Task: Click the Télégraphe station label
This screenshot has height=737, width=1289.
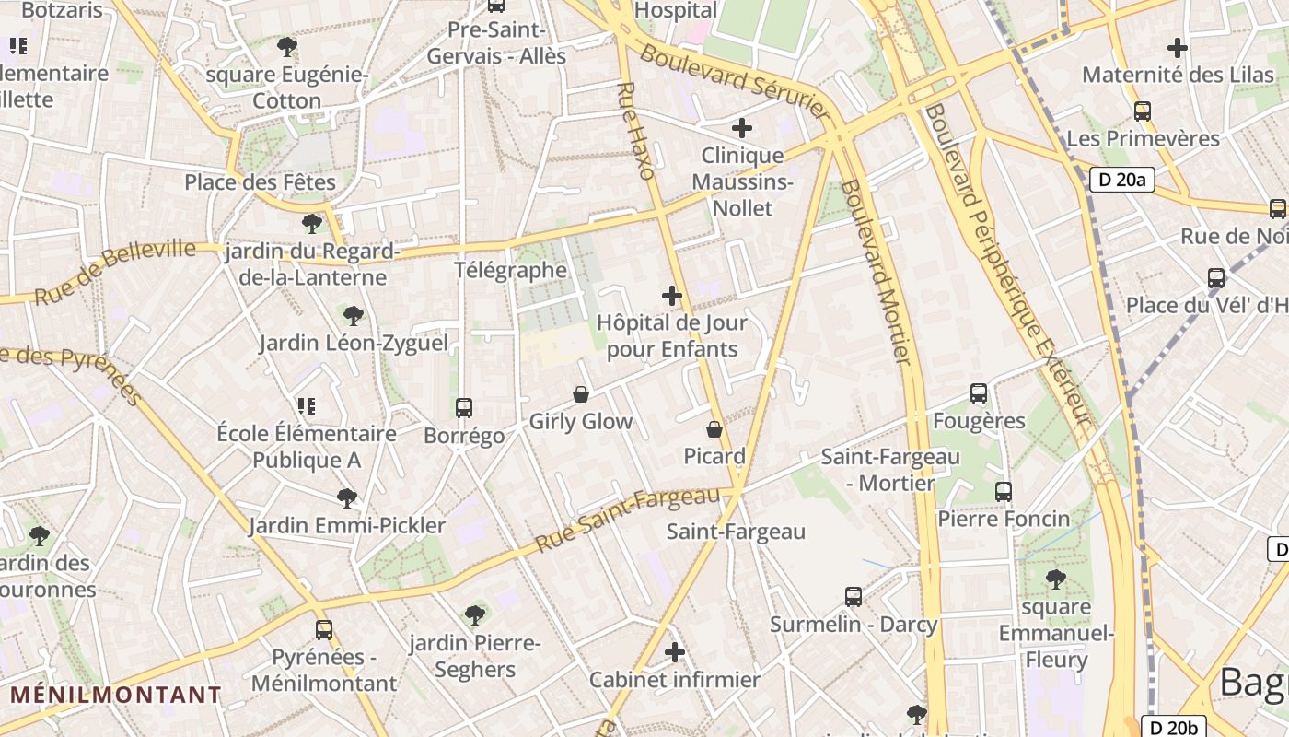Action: coord(511,270)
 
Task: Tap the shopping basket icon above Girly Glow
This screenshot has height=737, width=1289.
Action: coord(581,394)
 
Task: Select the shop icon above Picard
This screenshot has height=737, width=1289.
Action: coord(714,429)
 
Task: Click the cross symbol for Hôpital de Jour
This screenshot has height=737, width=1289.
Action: coord(672,296)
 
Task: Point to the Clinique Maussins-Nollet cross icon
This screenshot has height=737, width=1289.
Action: coord(742,128)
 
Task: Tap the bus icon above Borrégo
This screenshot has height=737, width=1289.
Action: coord(464,407)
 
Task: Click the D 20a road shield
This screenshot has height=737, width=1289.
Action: coord(1121,179)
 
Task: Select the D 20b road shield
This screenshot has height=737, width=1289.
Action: coord(1173,726)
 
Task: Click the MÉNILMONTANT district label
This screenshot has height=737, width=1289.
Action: coord(116,695)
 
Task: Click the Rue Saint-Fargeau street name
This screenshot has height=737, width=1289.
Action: coord(627,519)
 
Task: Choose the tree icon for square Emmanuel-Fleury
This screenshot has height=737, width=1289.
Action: coord(1056,579)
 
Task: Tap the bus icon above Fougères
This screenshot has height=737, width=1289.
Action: coord(979,393)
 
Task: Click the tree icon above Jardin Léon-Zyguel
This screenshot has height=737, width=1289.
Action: coord(353,316)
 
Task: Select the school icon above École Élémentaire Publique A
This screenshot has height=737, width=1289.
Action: coord(306,405)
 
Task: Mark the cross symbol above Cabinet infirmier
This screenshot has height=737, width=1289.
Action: coord(675,652)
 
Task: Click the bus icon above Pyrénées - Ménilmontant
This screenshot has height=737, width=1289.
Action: coord(324,630)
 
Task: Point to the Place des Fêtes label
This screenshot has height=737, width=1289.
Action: coord(261,182)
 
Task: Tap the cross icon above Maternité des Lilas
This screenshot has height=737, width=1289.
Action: coord(1177,48)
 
